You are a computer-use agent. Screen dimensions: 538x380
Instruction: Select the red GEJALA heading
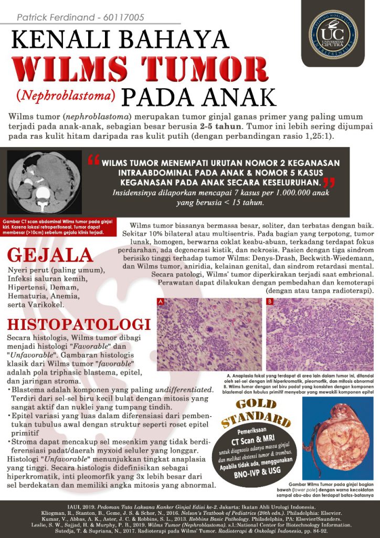[50, 255]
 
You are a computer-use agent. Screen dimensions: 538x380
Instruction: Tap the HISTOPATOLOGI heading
[79, 324]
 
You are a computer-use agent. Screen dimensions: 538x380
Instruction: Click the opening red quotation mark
[93, 160]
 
